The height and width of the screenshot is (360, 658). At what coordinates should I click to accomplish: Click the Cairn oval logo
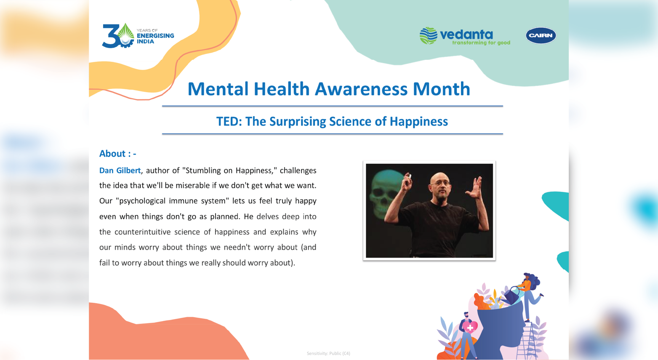541,35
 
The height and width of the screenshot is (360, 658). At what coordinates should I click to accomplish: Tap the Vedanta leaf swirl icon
428,35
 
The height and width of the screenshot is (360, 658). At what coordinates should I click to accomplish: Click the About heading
117,154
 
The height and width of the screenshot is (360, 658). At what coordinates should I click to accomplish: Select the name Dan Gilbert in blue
120,171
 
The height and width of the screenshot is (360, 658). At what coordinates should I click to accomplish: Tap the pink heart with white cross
470,326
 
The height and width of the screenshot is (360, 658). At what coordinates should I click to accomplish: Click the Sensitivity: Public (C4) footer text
328,353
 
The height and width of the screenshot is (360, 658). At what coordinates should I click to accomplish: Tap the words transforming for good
481,43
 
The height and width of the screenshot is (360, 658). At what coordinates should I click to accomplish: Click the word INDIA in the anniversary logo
145,41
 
